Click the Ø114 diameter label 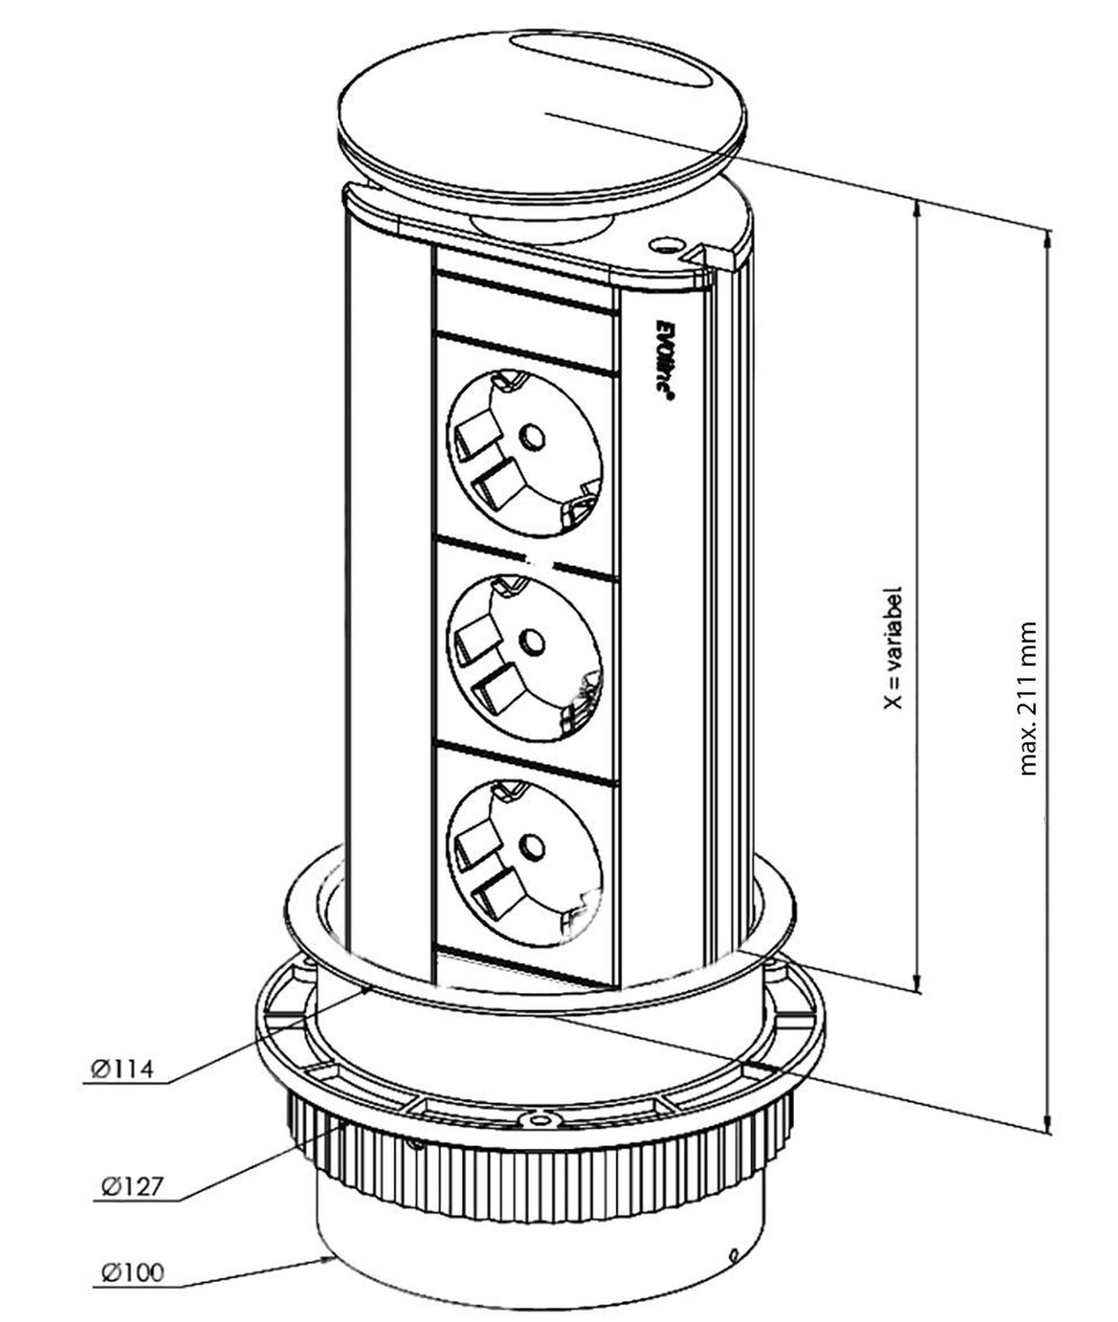pos(121,1069)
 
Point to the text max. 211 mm pos(1027,698)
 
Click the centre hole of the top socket pos(532,436)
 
